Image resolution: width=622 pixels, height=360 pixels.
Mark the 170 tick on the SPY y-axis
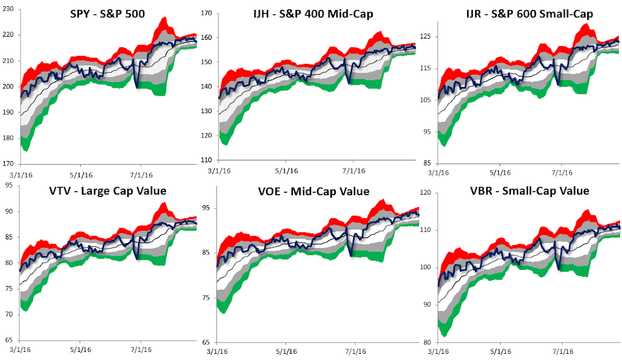click(x=9, y=164)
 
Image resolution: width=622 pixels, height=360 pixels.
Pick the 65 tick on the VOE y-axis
click(x=208, y=343)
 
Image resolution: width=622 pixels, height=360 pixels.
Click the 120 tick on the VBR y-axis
click(x=426, y=193)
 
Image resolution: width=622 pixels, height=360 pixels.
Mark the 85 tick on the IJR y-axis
click(x=428, y=164)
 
